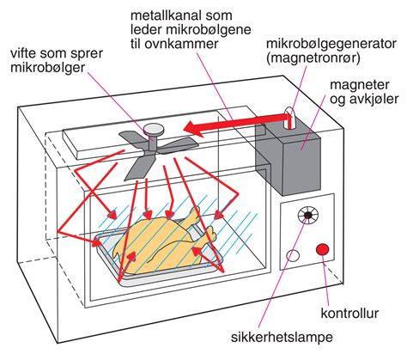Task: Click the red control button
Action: click(x=323, y=249)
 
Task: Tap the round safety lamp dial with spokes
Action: click(x=308, y=215)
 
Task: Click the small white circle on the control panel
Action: click(x=293, y=255)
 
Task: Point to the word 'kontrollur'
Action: click(x=349, y=313)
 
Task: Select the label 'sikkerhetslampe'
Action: click(x=282, y=337)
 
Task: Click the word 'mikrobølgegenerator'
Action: click(x=331, y=44)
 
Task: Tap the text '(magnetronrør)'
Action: click(x=313, y=58)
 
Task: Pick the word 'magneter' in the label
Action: click(x=360, y=85)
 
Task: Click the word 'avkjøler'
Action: click(x=374, y=99)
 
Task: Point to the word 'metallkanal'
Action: click(x=166, y=15)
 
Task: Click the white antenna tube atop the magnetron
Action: click(x=289, y=118)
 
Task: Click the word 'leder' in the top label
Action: click(x=147, y=29)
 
